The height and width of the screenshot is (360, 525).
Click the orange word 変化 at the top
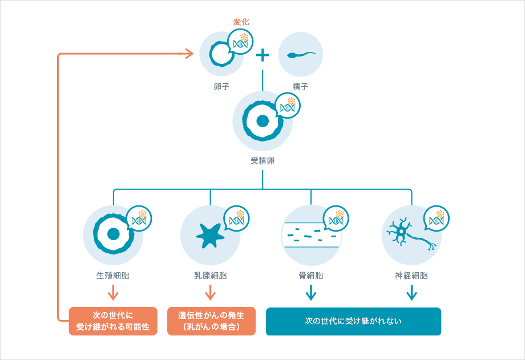[x=241, y=22]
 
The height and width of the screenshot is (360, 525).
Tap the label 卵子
[x=222, y=87]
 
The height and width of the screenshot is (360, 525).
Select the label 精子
[x=300, y=87]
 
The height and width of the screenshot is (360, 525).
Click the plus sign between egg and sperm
[x=262, y=55]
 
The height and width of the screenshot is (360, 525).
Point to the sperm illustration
[x=300, y=55]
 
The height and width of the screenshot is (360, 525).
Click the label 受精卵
[x=262, y=160]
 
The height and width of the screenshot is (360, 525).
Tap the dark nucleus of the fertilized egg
[x=262, y=121]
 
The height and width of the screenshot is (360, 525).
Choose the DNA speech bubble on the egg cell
[x=240, y=42]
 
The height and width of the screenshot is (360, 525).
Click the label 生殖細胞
[x=113, y=276]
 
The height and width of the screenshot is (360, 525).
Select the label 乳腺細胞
[x=210, y=276]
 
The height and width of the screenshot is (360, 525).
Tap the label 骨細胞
[x=311, y=276]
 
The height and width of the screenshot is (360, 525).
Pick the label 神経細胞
[x=411, y=276]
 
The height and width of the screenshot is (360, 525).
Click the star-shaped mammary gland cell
[x=209, y=234]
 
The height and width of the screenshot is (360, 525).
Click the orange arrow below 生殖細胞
[x=113, y=293]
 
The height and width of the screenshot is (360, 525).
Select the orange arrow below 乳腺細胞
[x=210, y=293]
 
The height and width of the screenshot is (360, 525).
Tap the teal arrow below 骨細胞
[x=311, y=293]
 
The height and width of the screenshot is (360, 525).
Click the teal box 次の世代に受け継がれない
[x=353, y=321]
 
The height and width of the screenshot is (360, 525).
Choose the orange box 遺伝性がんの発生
[x=211, y=321]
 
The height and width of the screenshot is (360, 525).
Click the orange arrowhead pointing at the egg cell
[x=187, y=54]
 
